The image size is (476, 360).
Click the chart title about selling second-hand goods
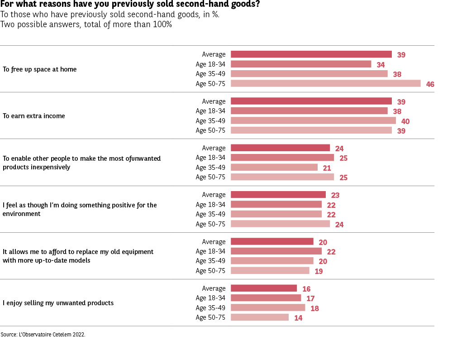(130, 5)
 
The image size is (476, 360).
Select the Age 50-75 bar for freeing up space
(325, 83)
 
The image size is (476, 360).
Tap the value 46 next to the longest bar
(430, 84)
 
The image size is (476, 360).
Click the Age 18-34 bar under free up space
(301, 64)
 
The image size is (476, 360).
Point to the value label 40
(405, 121)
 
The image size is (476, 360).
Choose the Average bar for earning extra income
(311, 101)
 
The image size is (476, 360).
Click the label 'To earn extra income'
(34, 116)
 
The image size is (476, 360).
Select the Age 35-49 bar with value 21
(274, 167)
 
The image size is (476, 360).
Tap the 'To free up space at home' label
(40, 69)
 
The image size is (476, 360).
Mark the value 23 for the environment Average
(335, 196)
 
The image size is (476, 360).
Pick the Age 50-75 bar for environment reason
(280, 224)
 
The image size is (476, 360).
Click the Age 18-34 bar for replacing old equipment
(276, 251)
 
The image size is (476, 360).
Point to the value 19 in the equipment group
(319, 271)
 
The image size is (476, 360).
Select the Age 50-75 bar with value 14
(260, 317)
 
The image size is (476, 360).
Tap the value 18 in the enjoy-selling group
(314, 308)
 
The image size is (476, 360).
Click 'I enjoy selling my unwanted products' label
(58, 303)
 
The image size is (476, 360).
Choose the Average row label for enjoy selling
(214, 288)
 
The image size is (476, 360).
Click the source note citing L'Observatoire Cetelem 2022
(43, 335)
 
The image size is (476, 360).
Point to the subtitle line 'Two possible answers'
(86, 24)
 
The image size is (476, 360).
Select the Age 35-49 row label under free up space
(210, 74)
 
